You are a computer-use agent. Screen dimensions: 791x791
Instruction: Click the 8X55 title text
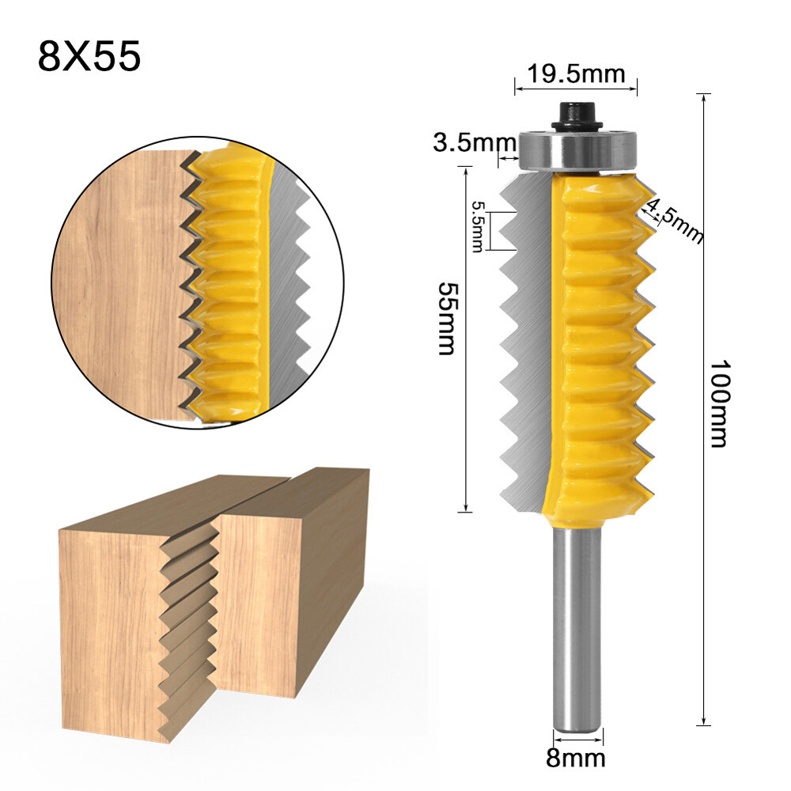pos(89,57)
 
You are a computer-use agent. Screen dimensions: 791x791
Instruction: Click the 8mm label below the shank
pos(577,759)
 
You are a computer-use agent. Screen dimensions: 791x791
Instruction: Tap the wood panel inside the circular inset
pos(119,285)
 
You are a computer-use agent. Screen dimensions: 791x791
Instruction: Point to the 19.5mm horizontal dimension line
pos(576,88)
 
